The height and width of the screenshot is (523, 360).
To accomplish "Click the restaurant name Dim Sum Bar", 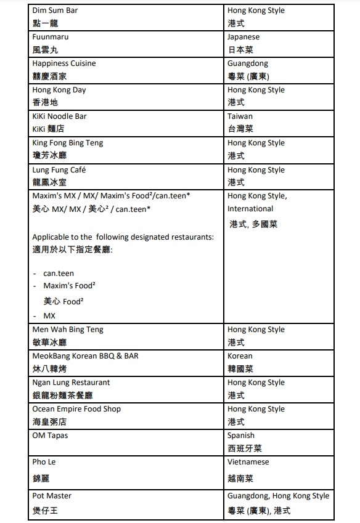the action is coord(55,10).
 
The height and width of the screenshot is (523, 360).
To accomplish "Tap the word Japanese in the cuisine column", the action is coord(243,37).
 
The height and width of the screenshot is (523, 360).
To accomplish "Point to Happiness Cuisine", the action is coord(64,63).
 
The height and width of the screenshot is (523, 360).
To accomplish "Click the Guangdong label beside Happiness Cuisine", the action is coord(248,63).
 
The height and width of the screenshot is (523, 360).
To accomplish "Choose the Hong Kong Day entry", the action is coord(59,90).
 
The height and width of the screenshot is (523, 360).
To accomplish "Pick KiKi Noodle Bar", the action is coord(60,116).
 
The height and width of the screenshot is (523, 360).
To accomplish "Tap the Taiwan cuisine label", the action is coord(240,116).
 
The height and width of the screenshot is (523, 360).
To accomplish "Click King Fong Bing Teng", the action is coord(68,143).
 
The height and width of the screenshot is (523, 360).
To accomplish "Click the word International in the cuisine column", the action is coord(250,209).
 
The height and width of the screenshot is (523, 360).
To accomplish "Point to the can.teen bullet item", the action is coord(59,273).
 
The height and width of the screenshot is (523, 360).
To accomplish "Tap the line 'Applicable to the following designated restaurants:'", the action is coord(123,237).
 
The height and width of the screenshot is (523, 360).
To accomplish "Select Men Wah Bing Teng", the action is coord(68,330).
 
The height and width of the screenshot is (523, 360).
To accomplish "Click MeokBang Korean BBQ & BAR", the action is coord(86,356).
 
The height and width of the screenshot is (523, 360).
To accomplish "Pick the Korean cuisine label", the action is coord(240,356).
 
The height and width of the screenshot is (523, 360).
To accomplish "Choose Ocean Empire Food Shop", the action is coord(76,409).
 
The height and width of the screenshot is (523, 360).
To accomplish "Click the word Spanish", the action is coord(241,436).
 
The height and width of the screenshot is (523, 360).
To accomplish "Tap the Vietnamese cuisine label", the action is coord(248,462).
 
